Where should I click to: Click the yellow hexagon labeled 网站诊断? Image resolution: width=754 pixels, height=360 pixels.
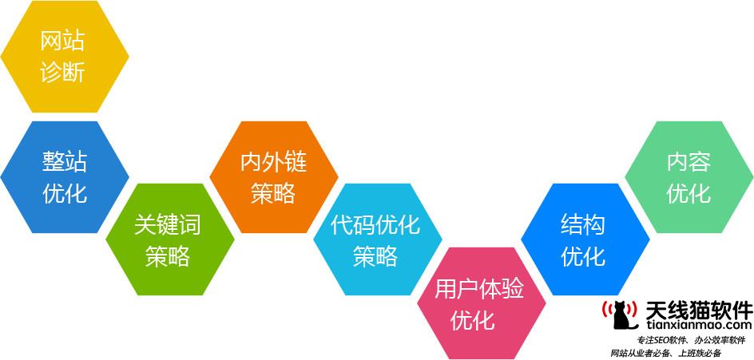(x=65, y=57)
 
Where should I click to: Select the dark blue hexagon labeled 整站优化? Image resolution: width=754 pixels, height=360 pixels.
(x=65, y=177)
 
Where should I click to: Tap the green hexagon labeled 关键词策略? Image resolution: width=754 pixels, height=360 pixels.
(x=170, y=239)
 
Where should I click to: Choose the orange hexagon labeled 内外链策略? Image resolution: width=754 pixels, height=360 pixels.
(x=274, y=177)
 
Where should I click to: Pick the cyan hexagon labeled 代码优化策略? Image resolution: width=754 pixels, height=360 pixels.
(x=378, y=239)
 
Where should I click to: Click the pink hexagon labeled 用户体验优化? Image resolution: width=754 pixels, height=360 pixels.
(x=482, y=303)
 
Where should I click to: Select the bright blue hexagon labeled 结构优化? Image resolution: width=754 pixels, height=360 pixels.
(x=585, y=239)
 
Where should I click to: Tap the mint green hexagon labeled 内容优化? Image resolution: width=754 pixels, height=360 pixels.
(x=689, y=177)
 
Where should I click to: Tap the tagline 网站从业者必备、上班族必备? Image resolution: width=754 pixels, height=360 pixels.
(x=666, y=354)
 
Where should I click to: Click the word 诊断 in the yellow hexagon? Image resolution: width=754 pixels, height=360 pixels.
(x=63, y=73)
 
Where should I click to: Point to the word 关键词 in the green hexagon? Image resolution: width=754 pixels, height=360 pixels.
(x=168, y=224)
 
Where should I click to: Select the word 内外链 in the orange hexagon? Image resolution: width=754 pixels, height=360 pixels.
(x=274, y=163)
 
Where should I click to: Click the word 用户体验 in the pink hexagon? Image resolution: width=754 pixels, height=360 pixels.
(x=479, y=289)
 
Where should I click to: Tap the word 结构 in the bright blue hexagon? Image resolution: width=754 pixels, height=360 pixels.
(x=583, y=224)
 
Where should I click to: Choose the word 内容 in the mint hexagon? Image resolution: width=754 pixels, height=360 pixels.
(x=689, y=163)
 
